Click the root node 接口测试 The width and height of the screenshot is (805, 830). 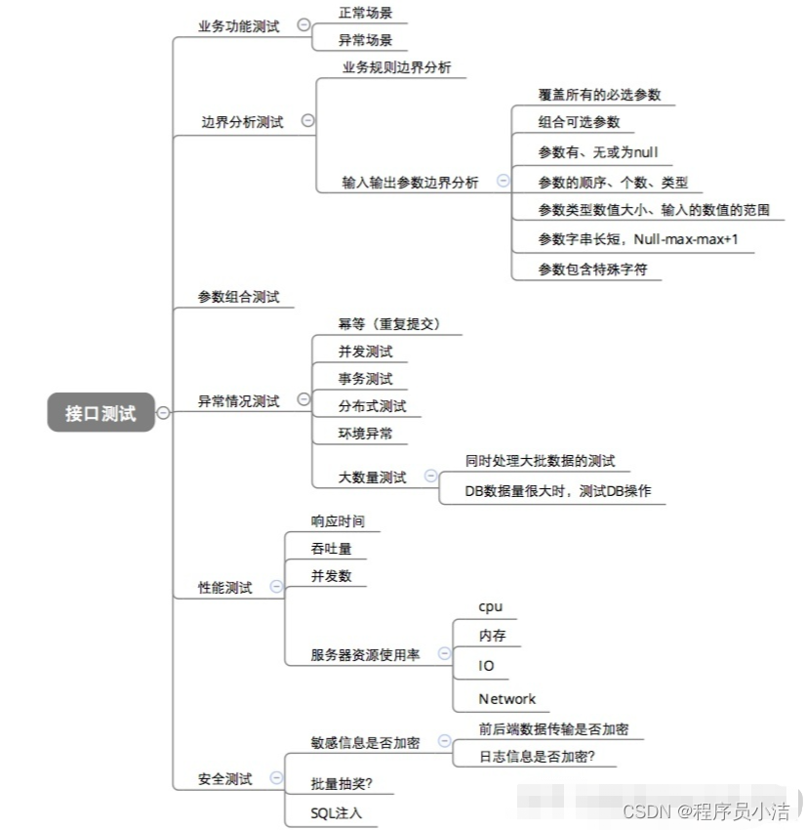101,413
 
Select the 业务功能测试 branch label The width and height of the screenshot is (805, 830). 238,26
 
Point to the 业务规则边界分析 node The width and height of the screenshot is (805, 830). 396,67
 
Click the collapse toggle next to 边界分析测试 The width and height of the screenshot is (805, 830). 307,121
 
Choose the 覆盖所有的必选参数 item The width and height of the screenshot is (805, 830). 599,95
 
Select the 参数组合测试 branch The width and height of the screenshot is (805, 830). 238,297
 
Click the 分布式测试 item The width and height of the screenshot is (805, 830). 372,405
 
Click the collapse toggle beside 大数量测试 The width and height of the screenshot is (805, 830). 429,477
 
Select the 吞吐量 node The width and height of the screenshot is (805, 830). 331,549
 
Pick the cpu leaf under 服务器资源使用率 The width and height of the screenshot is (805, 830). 490,606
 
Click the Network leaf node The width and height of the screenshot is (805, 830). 506,698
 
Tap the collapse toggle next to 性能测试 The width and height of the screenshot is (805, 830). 276,587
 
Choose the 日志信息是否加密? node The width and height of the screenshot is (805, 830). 537,757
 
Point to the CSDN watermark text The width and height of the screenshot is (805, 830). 706,810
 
